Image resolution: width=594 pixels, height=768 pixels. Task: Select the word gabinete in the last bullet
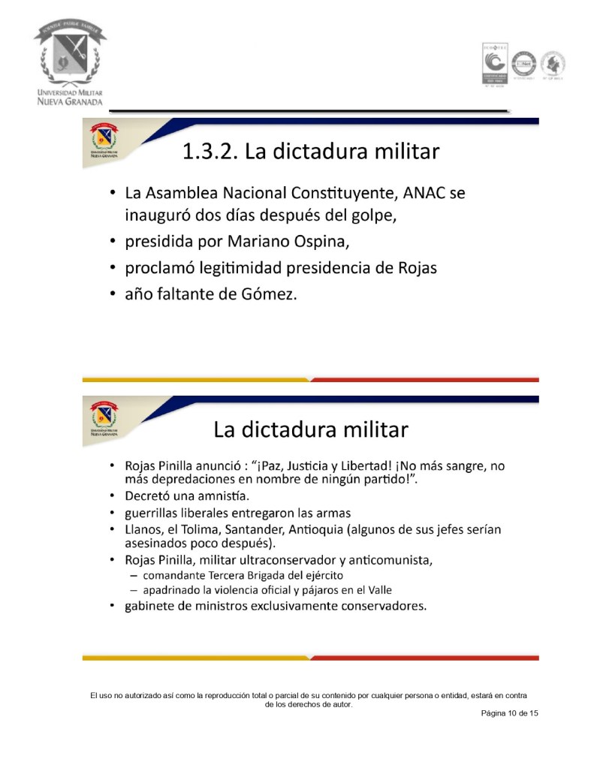[153, 606]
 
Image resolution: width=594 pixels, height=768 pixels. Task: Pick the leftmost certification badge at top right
[494, 63]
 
